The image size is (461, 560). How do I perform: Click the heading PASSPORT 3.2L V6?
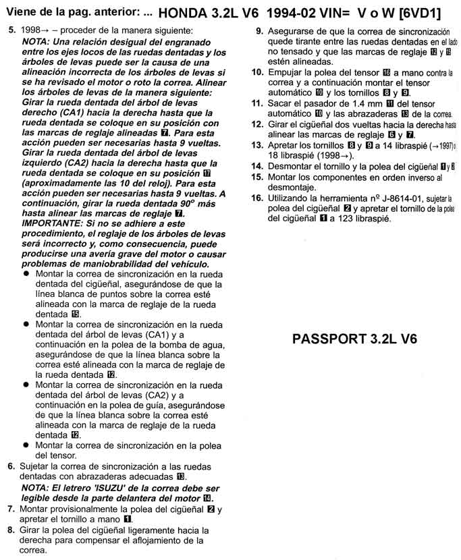tap(354, 338)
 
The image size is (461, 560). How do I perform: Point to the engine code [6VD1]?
tap(428, 12)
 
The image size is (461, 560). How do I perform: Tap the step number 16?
tap(256, 198)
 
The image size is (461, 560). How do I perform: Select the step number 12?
tap(256, 125)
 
